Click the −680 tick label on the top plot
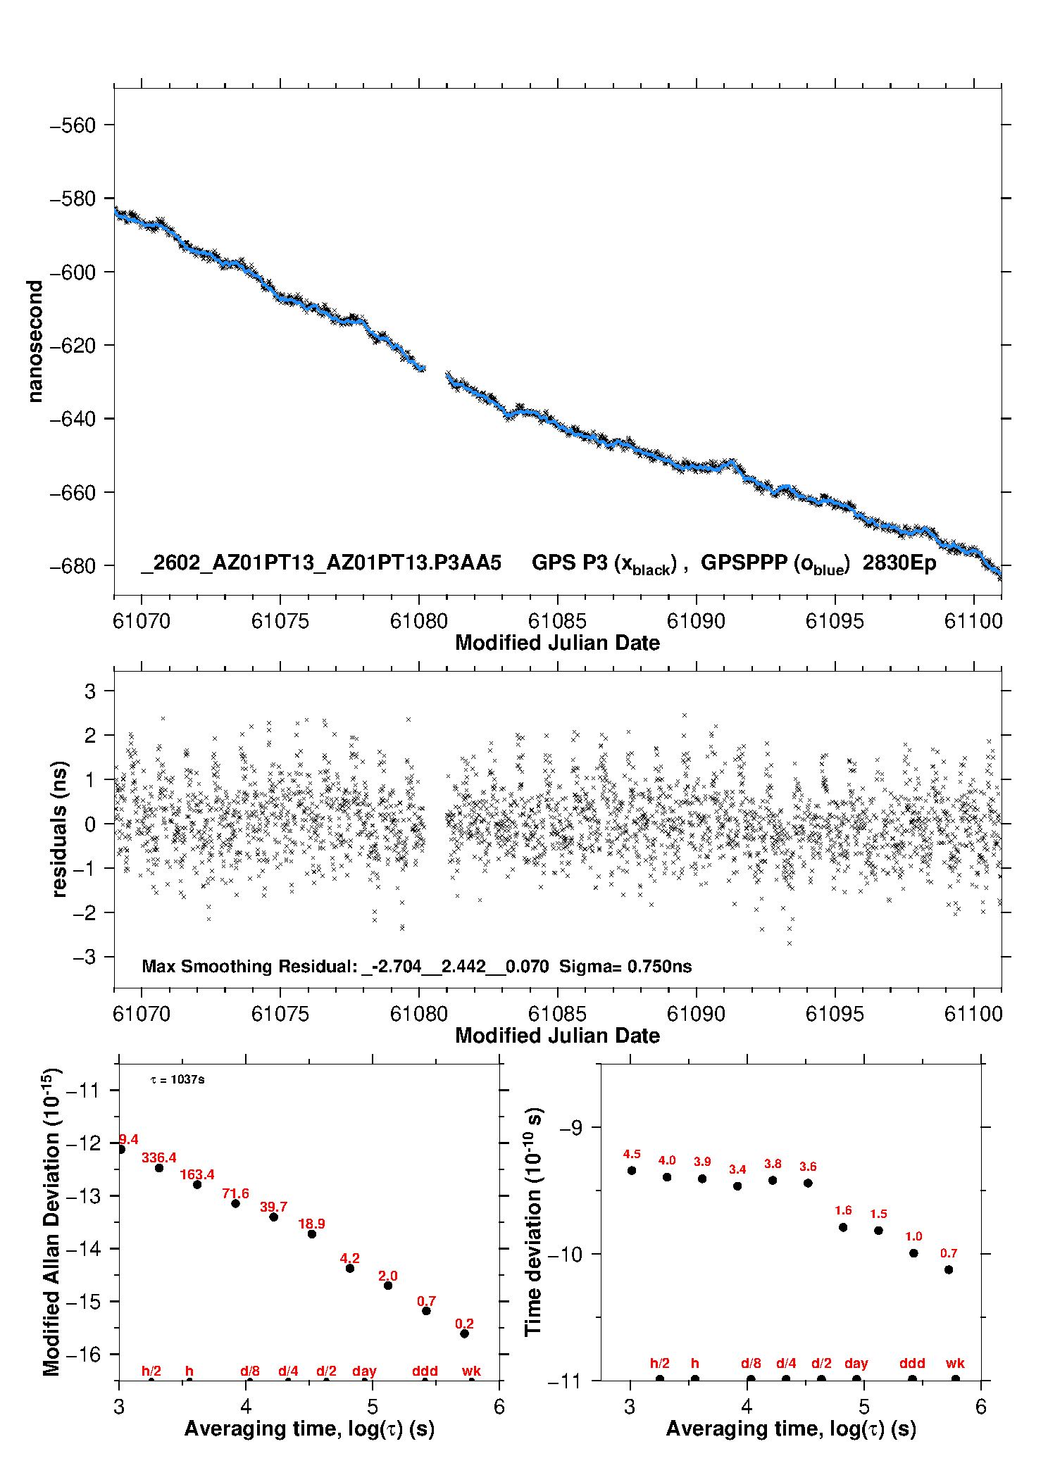click(x=72, y=566)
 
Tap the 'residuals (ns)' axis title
click(x=59, y=829)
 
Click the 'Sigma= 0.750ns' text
click(x=625, y=966)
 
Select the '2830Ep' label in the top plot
click(x=899, y=563)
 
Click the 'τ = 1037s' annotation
click(x=177, y=1079)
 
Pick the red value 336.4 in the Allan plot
click(x=159, y=1157)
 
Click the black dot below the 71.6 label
click(x=236, y=1203)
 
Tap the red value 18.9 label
click(x=311, y=1224)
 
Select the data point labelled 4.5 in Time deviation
click(x=632, y=1170)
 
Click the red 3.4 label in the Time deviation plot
click(x=737, y=1169)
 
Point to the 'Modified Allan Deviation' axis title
click(x=51, y=1222)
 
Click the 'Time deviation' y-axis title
click(x=533, y=1222)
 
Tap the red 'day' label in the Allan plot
click(x=364, y=1371)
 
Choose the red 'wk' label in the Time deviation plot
click(x=955, y=1363)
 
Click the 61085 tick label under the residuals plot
click(x=557, y=1014)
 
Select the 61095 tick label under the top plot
click(x=835, y=621)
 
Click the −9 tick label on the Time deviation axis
click(x=570, y=1128)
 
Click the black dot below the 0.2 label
click(x=465, y=1333)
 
